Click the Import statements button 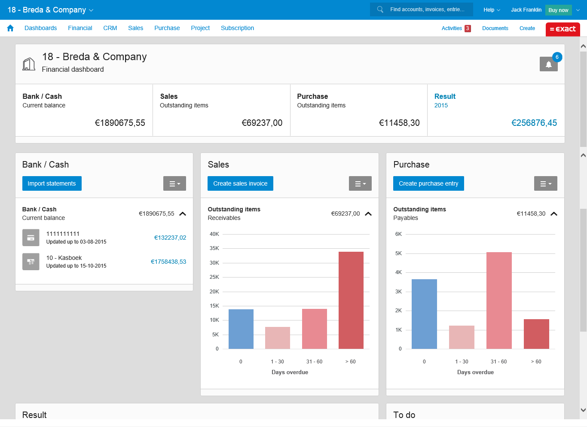click(x=52, y=183)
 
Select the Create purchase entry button click(x=428, y=183)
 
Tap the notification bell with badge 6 click(x=548, y=64)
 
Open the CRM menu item click(x=110, y=28)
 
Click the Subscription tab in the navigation click(x=237, y=28)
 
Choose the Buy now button click(x=558, y=10)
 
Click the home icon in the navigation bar click(x=10, y=28)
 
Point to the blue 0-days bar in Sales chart click(x=241, y=329)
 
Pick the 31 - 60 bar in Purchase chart click(x=499, y=300)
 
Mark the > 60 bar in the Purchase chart click(x=536, y=334)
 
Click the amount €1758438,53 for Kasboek click(x=168, y=262)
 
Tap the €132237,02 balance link click(x=170, y=238)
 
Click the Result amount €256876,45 click(x=534, y=123)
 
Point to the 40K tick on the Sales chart click(x=214, y=234)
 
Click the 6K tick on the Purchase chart click(x=398, y=234)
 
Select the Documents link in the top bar click(x=495, y=28)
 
